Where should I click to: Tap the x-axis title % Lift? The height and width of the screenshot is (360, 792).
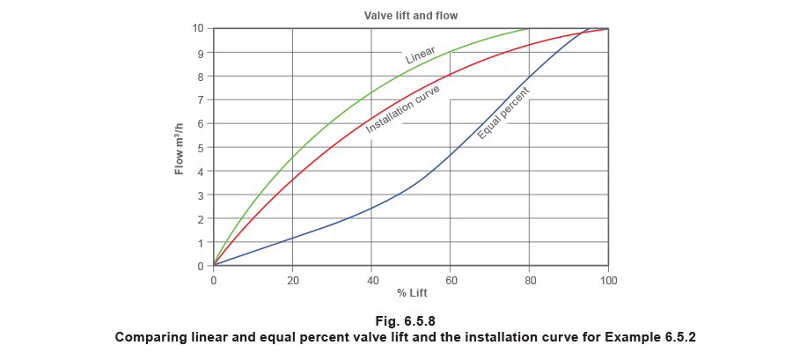tap(411, 291)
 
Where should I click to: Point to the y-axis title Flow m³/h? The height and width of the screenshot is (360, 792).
tap(180, 146)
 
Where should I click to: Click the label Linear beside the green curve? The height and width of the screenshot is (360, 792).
tap(421, 57)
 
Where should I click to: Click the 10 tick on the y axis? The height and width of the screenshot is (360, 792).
tap(202, 29)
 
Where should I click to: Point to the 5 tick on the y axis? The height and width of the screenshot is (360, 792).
tap(202, 147)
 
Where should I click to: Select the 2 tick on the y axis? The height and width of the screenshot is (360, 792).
tap(202, 218)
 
